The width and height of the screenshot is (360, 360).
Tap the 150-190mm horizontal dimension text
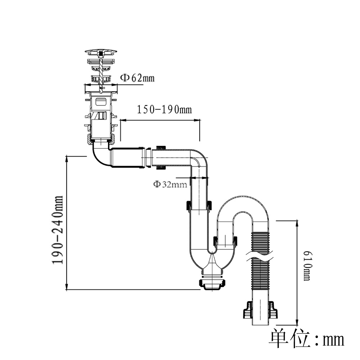164,109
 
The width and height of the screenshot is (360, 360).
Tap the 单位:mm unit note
306,339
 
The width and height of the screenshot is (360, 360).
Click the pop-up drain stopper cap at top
101,52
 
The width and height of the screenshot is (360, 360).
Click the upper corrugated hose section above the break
260,243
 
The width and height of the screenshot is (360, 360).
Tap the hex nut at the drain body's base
102,139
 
